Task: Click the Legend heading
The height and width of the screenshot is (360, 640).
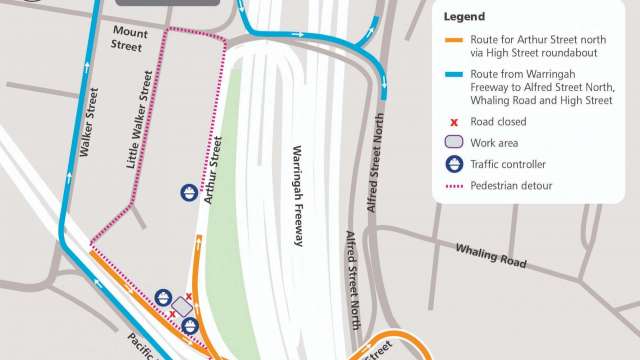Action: (x=464, y=17)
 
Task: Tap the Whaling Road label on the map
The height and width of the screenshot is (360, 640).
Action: (x=490, y=254)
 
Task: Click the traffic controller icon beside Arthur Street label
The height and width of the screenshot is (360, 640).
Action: (x=188, y=191)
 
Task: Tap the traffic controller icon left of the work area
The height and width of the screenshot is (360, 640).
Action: (x=163, y=297)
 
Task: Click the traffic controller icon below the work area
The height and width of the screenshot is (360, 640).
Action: (x=190, y=325)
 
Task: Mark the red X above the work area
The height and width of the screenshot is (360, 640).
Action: (x=189, y=297)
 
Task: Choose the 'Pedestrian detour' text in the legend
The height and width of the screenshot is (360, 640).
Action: (x=510, y=185)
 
